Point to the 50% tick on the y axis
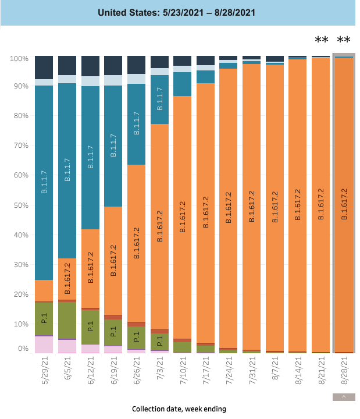20,205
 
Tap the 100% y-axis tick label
19,59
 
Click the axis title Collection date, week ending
179,409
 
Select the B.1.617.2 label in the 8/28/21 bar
344,204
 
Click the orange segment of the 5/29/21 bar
44,290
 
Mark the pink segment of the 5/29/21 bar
44,345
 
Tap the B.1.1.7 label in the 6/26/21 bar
136,124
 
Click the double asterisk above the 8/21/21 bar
321,40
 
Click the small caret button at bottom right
343,397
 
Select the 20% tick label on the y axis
20,294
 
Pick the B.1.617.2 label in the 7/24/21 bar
229,207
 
